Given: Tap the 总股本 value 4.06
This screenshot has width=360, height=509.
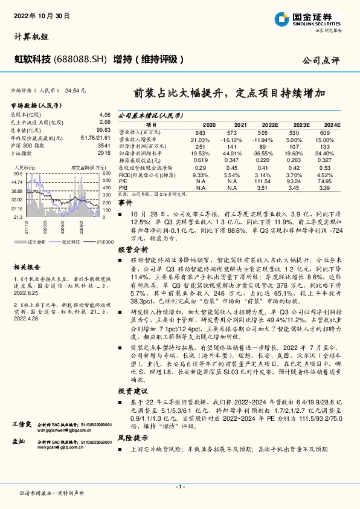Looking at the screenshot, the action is coord(104,114).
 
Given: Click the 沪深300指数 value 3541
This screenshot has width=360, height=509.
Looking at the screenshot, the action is coord(104,146).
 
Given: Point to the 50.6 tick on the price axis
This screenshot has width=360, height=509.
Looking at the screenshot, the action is coord(17,173).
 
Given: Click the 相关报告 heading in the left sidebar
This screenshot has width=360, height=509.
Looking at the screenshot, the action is coord(27,267).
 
